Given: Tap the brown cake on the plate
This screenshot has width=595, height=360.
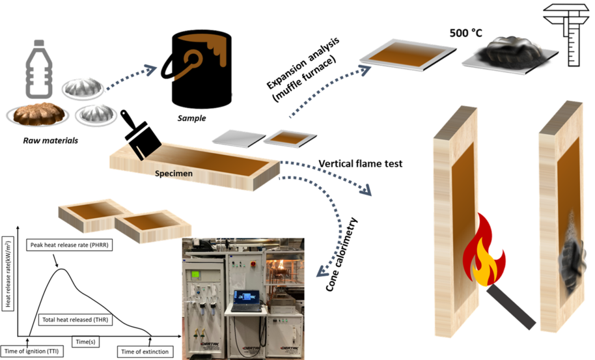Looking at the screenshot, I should click(x=38, y=115).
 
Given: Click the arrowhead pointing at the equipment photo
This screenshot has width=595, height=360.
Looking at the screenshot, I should click(x=321, y=273).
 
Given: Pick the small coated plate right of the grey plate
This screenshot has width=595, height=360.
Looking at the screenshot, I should click(x=290, y=137).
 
